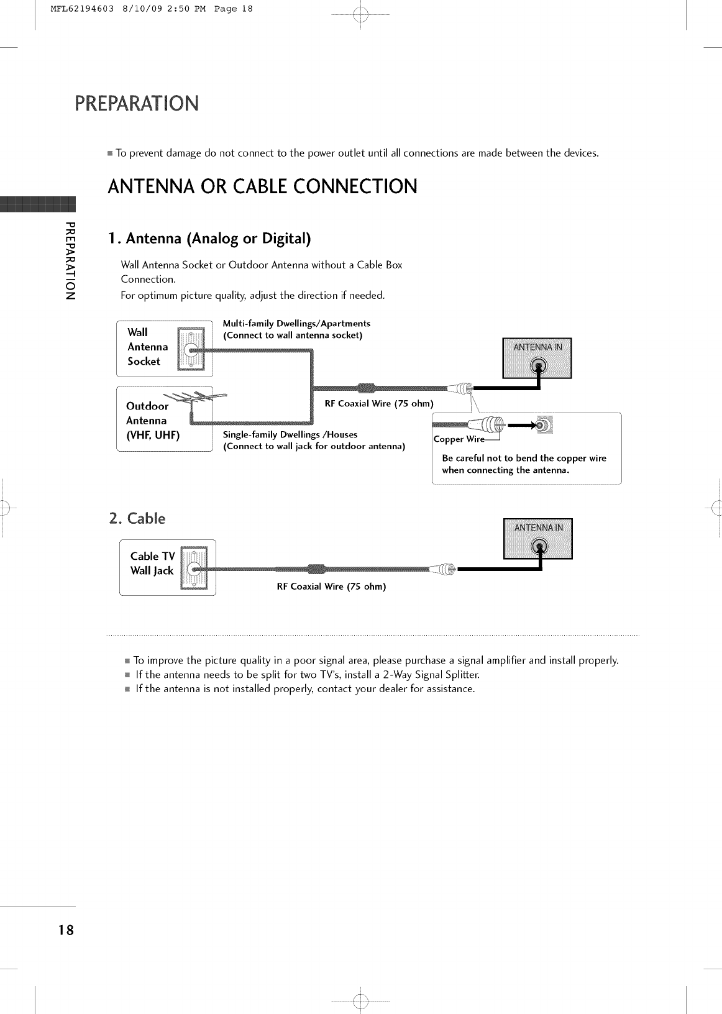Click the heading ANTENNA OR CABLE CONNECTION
pyautogui.click(x=262, y=186)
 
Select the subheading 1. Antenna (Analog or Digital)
pyautogui.click(x=209, y=239)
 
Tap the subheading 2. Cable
pyautogui.click(x=137, y=518)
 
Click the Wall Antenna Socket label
pyautogui.click(x=147, y=347)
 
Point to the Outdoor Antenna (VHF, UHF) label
pyautogui.click(x=152, y=421)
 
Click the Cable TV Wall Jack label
pyautogui.click(x=153, y=564)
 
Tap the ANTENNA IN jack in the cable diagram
pyautogui.click(x=541, y=546)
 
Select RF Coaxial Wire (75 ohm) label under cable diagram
pyautogui.click(x=331, y=587)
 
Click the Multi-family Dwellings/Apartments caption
pyautogui.click(x=296, y=324)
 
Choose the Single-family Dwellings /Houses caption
pyautogui.click(x=290, y=434)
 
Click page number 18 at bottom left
pyautogui.click(x=65, y=930)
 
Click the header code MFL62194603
pyautogui.click(x=73, y=9)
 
